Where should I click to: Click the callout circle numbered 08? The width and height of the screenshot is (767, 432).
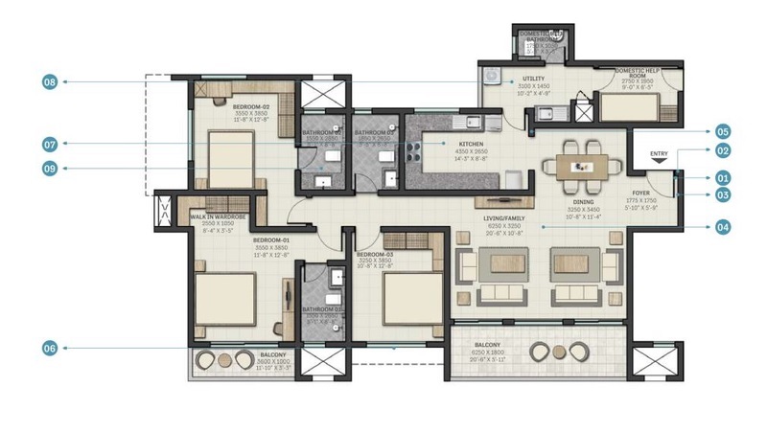[x=51, y=82]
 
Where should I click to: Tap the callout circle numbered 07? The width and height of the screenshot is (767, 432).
[x=51, y=145]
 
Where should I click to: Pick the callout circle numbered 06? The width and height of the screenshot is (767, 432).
[x=51, y=349]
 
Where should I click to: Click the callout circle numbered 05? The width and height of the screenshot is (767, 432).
[x=722, y=131]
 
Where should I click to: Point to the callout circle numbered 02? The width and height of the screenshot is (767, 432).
[x=722, y=150]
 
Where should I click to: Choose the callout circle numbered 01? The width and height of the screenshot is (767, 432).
[x=722, y=177]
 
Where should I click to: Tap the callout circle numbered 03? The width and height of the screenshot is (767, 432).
[x=722, y=195]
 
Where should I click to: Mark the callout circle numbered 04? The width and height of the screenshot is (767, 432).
[x=722, y=227]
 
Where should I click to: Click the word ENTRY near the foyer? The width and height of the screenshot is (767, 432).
[x=659, y=154]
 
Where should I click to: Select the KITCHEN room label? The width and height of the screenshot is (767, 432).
[x=445, y=143]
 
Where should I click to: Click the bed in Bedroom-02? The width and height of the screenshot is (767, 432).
[x=230, y=153]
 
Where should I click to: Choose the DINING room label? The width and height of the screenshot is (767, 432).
[x=583, y=203]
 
